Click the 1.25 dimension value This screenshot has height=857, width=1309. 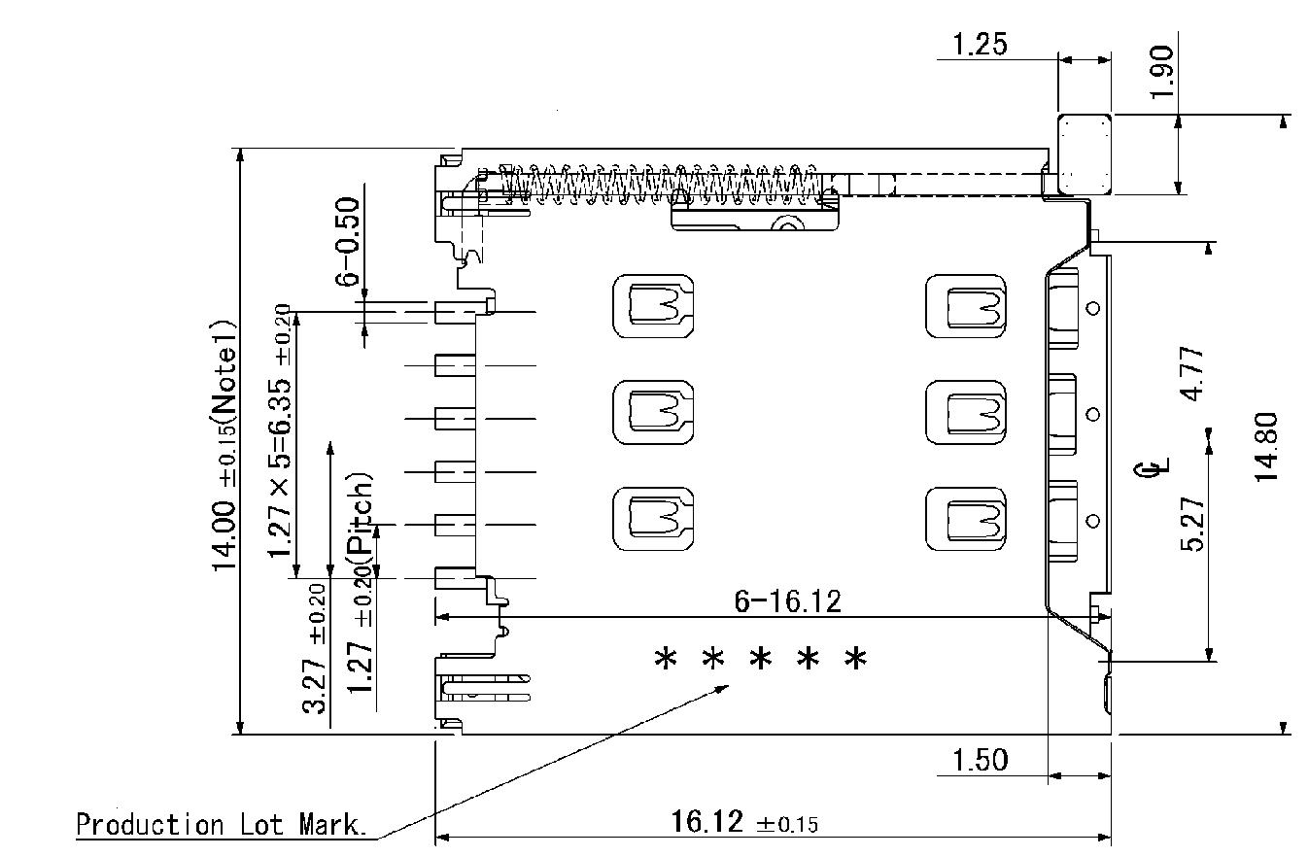click(980, 44)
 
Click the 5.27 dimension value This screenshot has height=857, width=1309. click(1193, 524)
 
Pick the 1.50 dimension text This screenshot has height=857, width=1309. click(980, 760)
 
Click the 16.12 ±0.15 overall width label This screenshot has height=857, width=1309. click(744, 823)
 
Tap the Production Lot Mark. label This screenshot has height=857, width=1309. click(222, 826)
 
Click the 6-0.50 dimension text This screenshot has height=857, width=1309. click(347, 241)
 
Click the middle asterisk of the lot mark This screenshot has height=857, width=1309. click(761, 661)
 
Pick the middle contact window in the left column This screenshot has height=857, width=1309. click(653, 412)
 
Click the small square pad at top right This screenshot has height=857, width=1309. click(1085, 154)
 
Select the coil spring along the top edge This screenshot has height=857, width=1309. click(661, 182)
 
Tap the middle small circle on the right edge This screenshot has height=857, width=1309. click(1093, 415)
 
